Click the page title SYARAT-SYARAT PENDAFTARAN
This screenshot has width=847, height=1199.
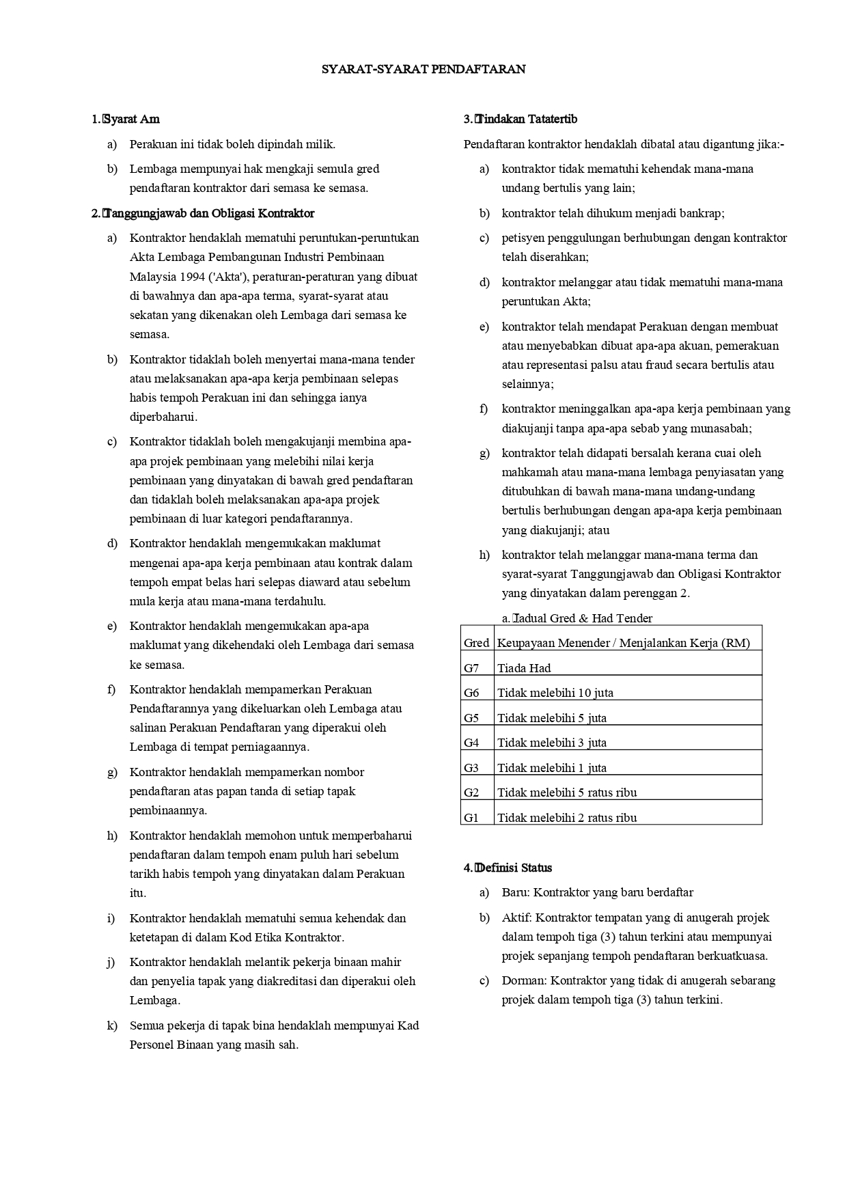423,69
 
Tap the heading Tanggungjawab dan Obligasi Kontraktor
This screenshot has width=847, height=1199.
209,213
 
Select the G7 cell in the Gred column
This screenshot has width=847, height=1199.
471,668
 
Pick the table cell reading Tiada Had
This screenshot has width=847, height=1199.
524,668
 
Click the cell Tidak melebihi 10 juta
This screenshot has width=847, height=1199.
555,693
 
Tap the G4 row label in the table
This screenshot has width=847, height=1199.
471,743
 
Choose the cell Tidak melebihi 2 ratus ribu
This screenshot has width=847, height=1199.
567,817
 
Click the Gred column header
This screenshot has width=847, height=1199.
476,643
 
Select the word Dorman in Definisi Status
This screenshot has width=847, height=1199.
524,980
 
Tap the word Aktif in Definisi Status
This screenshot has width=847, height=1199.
516,918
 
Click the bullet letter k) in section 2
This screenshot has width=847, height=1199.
112,1025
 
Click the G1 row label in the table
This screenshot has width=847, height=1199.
471,817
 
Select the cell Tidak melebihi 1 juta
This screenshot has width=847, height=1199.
551,768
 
